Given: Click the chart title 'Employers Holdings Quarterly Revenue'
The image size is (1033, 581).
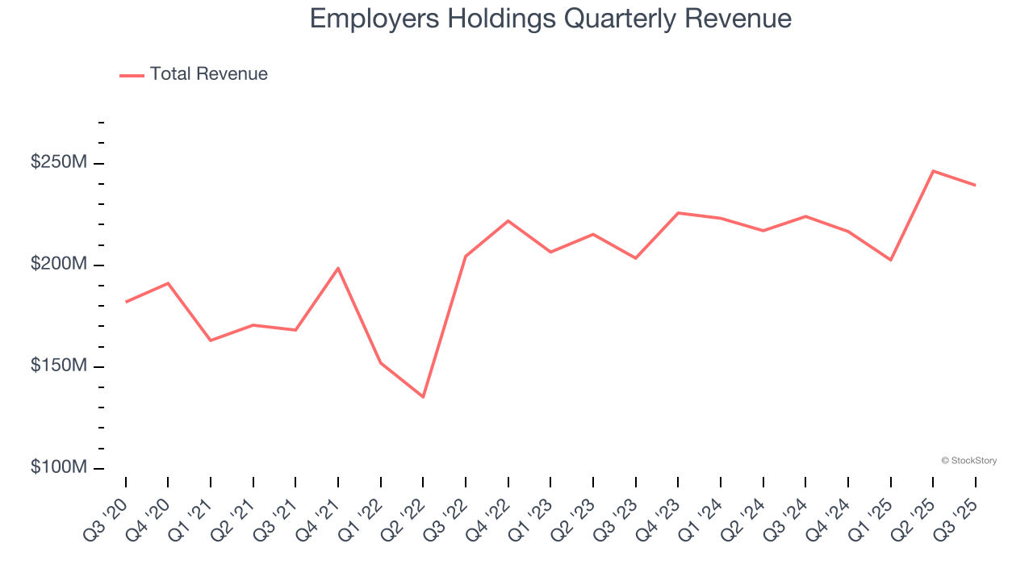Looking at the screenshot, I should [x=550, y=19].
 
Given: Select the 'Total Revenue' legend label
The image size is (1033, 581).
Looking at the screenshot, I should [x=208, y=74].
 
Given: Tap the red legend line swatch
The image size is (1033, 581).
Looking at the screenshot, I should [x=132, y=75].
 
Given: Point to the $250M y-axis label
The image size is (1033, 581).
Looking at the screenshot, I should [x=58, y=163].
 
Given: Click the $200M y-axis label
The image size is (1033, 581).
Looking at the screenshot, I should [x=58, y=265].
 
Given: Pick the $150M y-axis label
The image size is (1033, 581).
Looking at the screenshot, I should [x=58, y=366].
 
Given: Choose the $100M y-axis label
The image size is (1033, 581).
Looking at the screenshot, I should [x=58, y=468].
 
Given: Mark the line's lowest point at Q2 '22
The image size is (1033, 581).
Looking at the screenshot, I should [x=423, y=397].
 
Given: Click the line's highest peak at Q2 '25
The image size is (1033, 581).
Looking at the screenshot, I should [x=933, y=171].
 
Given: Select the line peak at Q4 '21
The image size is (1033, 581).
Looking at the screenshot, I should [x=337, y=268].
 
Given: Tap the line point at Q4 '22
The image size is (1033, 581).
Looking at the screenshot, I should [x=508, y=220].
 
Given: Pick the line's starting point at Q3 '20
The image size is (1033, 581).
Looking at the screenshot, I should [x=126, y=302].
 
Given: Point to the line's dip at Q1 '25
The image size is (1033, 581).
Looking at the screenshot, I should [x=890, y=260].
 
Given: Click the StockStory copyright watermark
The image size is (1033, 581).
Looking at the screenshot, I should [x=968, y=461].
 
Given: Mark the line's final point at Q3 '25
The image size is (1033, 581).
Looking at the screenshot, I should [x=975, y=185].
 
